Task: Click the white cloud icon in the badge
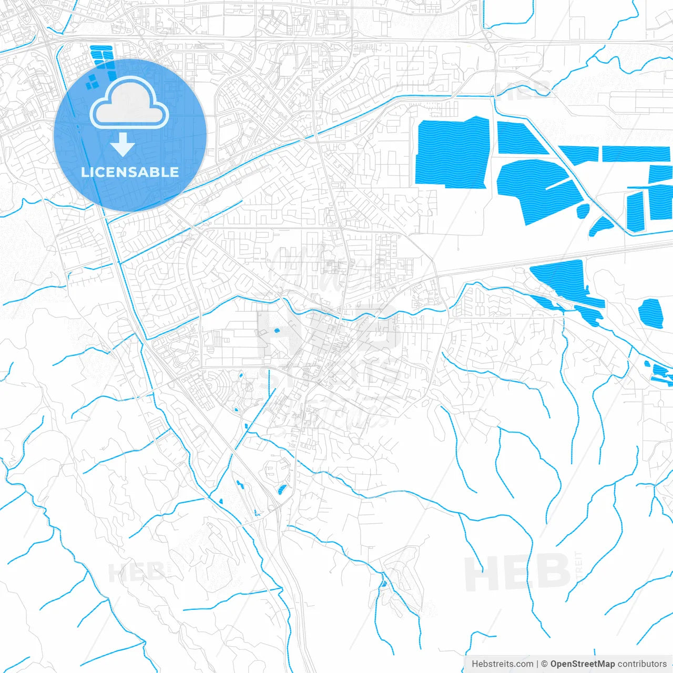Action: pos(129,104)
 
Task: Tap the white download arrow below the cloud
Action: pos(123,145)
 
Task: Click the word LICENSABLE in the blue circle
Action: pos(130,172)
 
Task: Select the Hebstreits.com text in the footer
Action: pos(503,664)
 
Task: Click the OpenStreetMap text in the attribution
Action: pos(582,664)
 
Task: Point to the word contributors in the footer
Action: pos(642,664)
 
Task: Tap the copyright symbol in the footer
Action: pos(544,664)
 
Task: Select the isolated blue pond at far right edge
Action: pos(651,313)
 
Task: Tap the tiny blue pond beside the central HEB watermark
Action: pos(277,331)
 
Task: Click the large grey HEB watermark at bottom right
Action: pos(518,573)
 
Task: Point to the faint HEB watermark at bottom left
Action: pos(136,572)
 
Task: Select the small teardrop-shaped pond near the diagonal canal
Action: pos(583,211)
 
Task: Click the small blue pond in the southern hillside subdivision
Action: pos(383,583)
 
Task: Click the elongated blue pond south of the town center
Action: pos(282,491)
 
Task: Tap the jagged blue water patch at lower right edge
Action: pos(660,373)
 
